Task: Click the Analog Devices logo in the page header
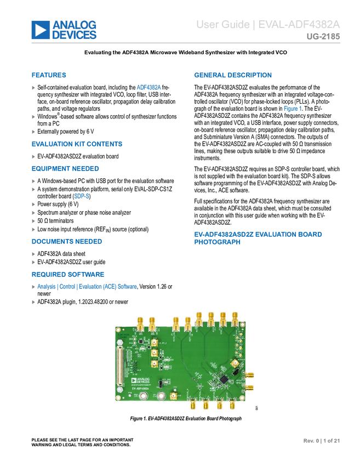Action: [64, 30]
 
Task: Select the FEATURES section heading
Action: [49, 75]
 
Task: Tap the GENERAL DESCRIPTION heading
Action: [233, 75]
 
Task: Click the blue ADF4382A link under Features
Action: [148, 87]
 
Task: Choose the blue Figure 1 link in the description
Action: [292, 109]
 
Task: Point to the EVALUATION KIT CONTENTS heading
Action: [77, 144]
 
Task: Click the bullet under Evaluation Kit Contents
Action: [33, 156]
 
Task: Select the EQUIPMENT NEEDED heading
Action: [65, 168]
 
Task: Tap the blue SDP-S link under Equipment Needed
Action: [81, 196]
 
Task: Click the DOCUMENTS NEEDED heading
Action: [66, 241]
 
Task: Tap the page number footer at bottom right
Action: [322, 440]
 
